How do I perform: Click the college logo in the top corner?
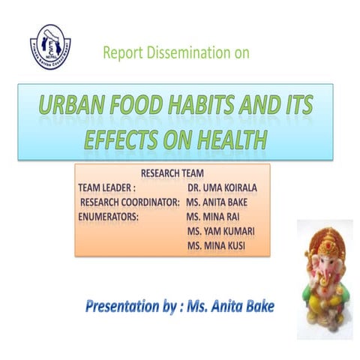click(x=51, y=45)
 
